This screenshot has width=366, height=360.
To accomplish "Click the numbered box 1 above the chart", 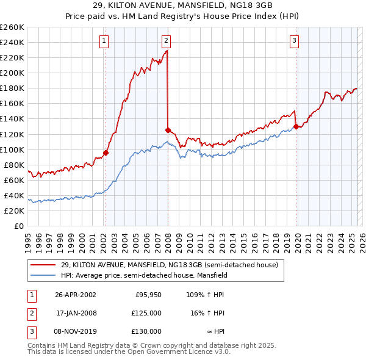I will [105, 41].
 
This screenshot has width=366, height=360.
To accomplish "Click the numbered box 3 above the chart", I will [294, 41].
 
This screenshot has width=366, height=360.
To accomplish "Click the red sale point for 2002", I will [106, 153].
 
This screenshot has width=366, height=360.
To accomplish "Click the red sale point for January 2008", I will [168, 130].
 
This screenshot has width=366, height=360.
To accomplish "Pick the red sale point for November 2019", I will [296, 126].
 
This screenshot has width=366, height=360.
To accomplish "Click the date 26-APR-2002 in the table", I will [76, 295].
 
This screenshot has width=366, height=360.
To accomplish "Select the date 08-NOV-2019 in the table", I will [76, 331].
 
